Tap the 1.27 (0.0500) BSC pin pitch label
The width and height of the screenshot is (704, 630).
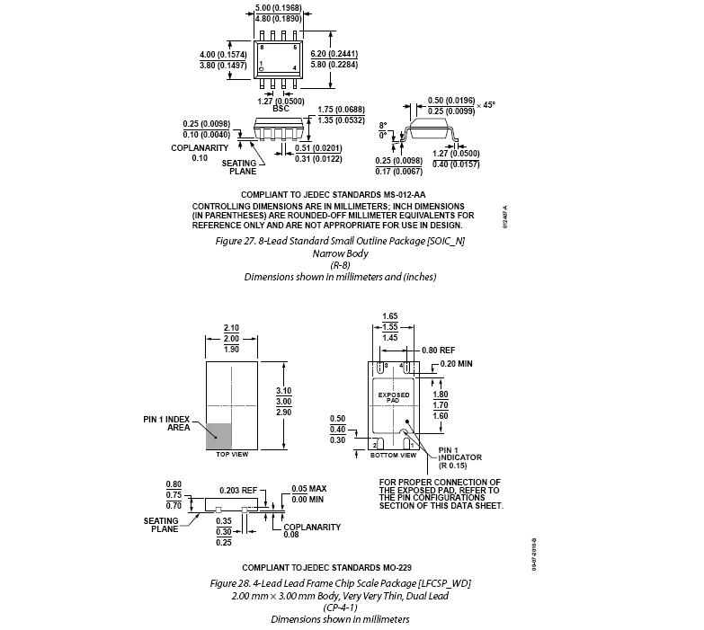coord(276,101)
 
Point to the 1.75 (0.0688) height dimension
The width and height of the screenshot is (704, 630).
coord(340,109)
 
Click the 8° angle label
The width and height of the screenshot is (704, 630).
coord(382,125)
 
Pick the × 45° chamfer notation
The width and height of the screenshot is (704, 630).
coord(486,104)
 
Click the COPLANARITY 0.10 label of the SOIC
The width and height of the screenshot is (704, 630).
coord(200,153)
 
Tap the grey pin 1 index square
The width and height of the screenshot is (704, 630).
coord(219,435)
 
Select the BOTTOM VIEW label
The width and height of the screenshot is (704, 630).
coord(394,456)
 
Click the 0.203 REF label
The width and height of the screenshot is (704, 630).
coord(238,491)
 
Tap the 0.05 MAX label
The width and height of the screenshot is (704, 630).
coord(309,490)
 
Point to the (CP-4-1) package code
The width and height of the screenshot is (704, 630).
coord(340,608)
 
